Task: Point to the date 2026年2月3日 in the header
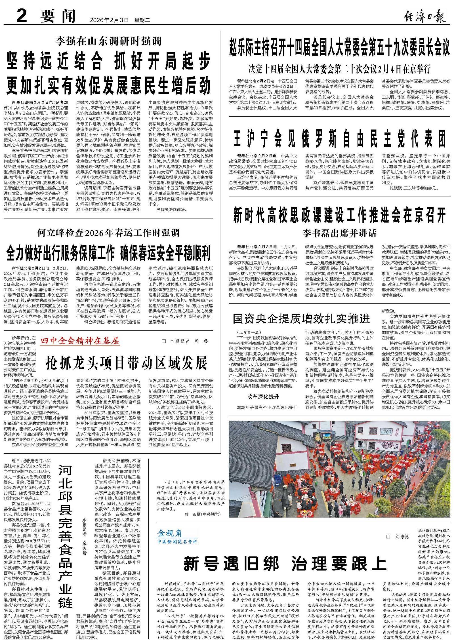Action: coord(109,20)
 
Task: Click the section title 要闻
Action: coord(58,16)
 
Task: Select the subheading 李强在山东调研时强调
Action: coord(108,41)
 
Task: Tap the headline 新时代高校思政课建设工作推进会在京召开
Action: coord(339,216)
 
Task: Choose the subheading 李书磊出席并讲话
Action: coord(339,233)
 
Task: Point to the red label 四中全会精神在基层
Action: coord(80,341)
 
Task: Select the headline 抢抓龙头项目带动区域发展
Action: coord(127,362)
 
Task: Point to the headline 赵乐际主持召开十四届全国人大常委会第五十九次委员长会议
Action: coord(339,47)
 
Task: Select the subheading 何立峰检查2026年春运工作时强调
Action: coord(108,233)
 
